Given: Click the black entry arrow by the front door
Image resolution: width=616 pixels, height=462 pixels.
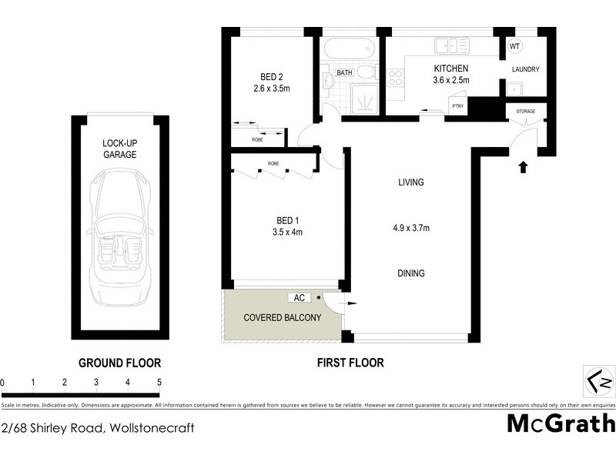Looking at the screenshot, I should click(524, 166).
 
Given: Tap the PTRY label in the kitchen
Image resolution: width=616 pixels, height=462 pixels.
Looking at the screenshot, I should click(457, 106).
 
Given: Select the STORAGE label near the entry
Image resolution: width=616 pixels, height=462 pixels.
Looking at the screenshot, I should click(525, 112).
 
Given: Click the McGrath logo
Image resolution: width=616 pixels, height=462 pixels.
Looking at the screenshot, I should click(561, 423).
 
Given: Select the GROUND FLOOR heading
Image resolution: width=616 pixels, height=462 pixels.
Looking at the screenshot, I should click(119, 362).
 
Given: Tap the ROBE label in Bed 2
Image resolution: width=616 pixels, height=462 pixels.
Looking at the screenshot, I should click(256, 139).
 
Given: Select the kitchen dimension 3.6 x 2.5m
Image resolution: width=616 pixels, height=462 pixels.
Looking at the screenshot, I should click(451, 80).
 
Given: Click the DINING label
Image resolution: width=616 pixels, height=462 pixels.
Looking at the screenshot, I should click(411, 273).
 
